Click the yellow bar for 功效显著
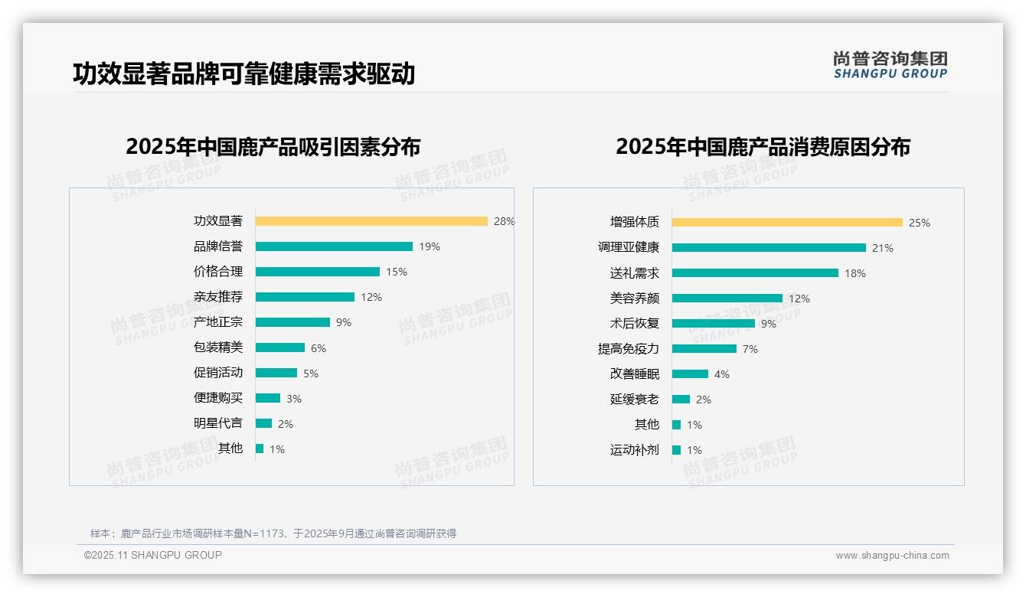point(371,221)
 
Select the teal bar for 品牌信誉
point(334,246)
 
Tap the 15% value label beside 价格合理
point(397,272)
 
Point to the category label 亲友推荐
point(218,297)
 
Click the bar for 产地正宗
point(292,322)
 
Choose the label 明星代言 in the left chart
point(218,423)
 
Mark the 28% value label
point(504,221)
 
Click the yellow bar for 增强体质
point(787,223)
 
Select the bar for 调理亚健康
point(769,248)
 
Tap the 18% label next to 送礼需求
point(855,273)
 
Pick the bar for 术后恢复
point(713,324)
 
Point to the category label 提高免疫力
point(629,349)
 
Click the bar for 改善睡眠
point(690,374)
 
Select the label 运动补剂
point(635,450)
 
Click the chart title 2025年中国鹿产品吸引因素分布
point(273,147)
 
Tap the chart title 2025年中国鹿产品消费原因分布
point(763,147)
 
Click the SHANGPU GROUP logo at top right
point(890,65)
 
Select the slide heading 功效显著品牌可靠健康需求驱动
point(243,74)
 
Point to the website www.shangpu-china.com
point(892,556)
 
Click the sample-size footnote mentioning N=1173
point(273,533)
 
